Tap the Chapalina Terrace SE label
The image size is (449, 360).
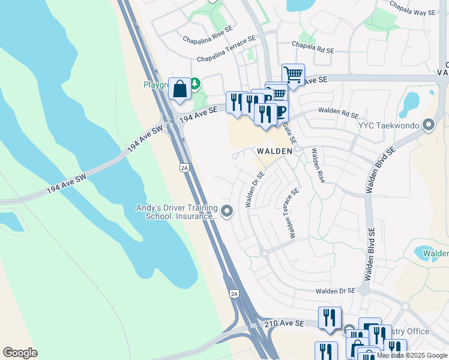click(x=226, y=50)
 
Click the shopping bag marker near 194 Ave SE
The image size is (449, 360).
click(x=179, y=90)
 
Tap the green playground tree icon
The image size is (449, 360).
click(x=195, y=82)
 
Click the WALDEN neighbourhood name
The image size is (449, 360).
click(x=275, y=151)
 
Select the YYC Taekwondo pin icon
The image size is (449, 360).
click(x=429, y=125)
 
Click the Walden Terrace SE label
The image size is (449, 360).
click(x=294, y=213)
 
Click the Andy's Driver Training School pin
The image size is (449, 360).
click(x=227, y=211)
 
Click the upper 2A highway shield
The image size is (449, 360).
click(x=184, y=168)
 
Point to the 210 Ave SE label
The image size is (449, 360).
click(x=285, y=324)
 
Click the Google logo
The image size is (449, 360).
click(x=20, y=353)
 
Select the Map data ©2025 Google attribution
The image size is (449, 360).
click(x=411, y=355)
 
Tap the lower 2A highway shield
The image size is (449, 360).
click(x=235, y=293)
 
